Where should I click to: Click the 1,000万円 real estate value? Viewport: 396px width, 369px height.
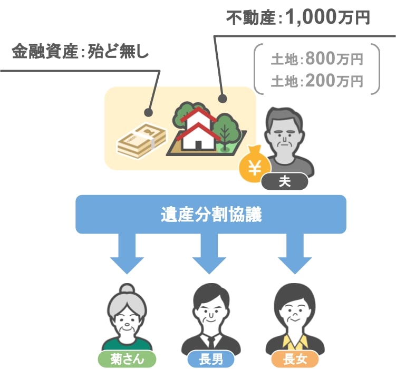(x=328, y=18)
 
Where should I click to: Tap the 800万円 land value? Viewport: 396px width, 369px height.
(x=334, y=59)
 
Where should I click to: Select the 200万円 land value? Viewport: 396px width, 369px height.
(x=334, y=81)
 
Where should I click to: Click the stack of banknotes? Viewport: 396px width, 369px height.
(x=142, y=140)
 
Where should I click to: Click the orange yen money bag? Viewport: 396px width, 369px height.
(x=255, y=164)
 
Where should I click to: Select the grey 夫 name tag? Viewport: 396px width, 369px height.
(x=285, y=181)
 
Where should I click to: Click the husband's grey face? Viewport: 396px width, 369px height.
(x=285, y=138)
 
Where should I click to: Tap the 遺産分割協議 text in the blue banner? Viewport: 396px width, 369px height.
(x=211, y=215)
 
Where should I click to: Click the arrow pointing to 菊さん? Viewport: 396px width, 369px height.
(x=127, y=253)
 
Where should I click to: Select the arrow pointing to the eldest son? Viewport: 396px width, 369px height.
(x=209, y=253)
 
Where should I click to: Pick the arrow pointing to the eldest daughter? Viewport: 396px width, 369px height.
(x=295, y=253)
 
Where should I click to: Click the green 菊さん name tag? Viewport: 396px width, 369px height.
(x=127, y=359)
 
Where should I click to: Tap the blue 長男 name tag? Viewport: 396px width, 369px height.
(x=211, y=359)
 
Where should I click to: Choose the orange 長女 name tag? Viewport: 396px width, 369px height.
(x=295, y=359)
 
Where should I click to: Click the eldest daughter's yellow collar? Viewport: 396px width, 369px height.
(x=295, y=342)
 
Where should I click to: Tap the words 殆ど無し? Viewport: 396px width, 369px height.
(x=118, y=51)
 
